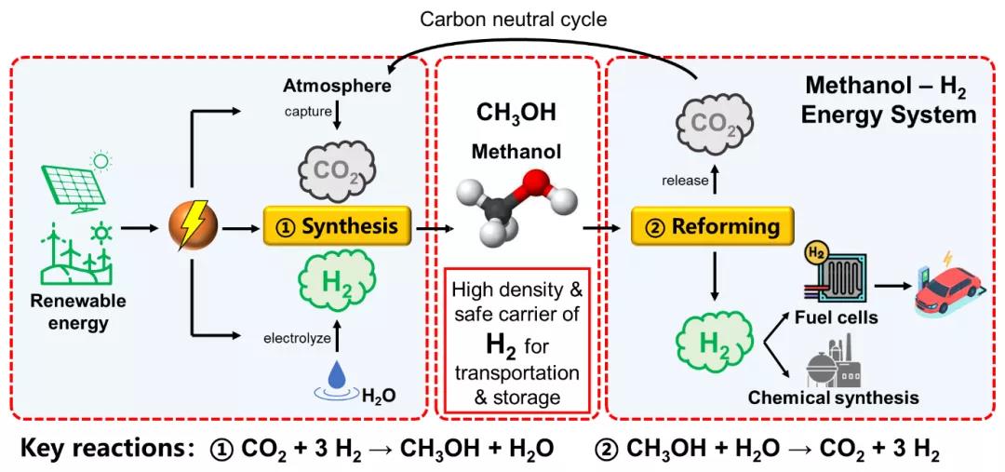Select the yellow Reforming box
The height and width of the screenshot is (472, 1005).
click(713, 226)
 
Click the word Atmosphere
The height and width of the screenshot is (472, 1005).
click(337, 87)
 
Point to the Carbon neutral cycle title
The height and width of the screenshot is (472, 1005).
click(515, 19)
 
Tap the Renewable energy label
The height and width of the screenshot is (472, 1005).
click(78, 313)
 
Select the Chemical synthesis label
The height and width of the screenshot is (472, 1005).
click(833, 398)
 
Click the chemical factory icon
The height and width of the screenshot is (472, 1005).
click(830, 359)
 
